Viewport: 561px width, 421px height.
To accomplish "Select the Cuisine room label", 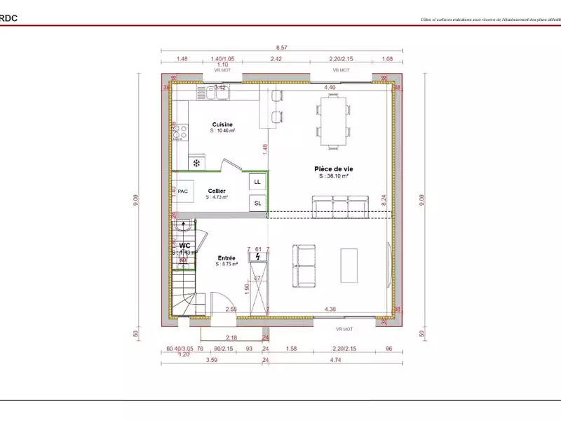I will pyautogui.click(x=223, y=124).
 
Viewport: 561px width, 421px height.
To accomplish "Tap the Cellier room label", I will pyautogui.click(x=216, y=191).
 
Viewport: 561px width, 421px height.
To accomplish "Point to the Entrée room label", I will pyautogui.click(x=227, y=258).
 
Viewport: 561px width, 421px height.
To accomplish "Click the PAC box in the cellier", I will pyautogui.click(x=182, y=191).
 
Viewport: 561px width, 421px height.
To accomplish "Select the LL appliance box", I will pyautogui.click(x=257, y=182).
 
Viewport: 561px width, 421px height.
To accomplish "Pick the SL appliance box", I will pyautogui.click(x=257, y=203).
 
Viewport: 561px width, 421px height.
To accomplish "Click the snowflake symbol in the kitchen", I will pyautogui.click(x=197, y=163).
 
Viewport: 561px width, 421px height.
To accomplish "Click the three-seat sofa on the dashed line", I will pyautogui.click(x=340, y=208).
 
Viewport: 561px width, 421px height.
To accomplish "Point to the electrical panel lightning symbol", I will pyautogui.click(x=258, y=257).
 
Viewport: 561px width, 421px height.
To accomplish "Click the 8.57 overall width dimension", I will pyautogui.click(x=281, y=46).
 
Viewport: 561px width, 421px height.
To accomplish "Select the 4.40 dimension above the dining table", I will pyautogui.click(x=330, y=87).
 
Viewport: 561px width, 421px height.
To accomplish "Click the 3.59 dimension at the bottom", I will pyautogui.click(x=210, y=361).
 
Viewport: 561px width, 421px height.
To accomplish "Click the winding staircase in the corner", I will pyautogui.click(x=186, y=295).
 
